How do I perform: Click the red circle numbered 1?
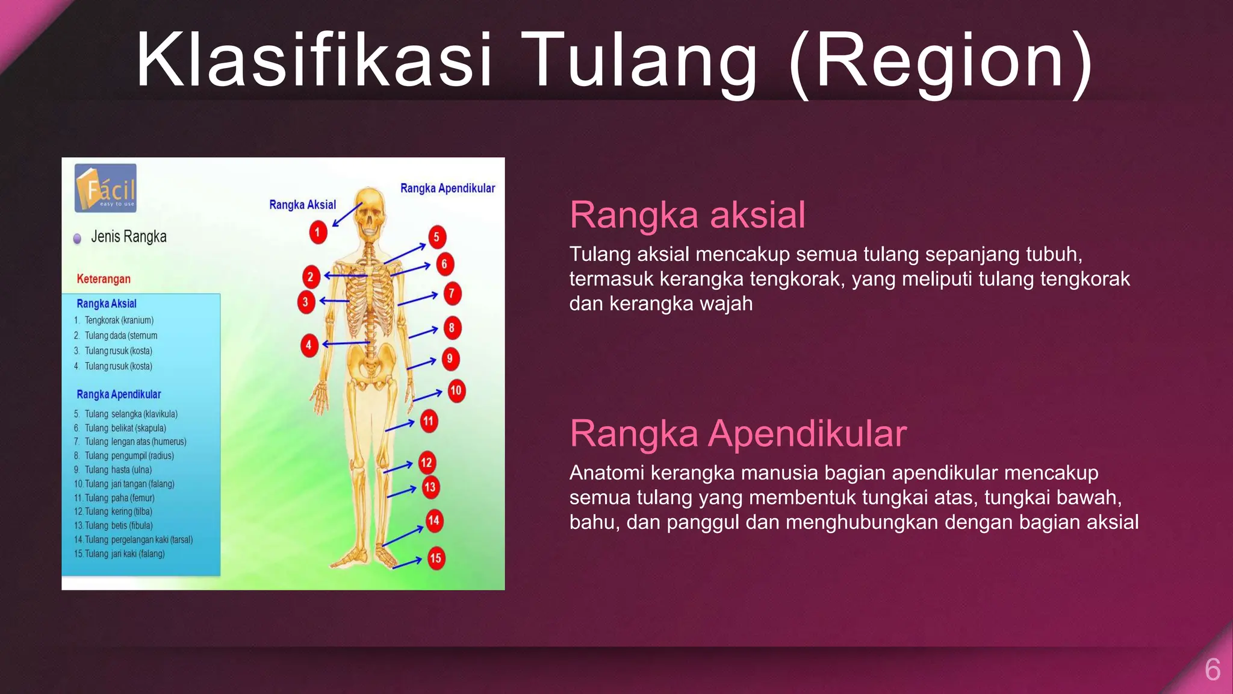(x=318, y=233)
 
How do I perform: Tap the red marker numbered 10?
(x=456, y=391)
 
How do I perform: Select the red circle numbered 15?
(x=435, y=558)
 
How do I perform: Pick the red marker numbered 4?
(x=309, y=345)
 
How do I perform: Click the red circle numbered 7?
(x=452, y=294)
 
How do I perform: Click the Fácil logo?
(x=106, y=189)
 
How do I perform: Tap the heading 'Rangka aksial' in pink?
(x=687, y=215)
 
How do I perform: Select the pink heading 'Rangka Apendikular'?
(x=738, y=434)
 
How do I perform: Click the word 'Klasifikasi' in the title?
(x=314, y=60)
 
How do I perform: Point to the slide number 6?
(x=1212, y=670)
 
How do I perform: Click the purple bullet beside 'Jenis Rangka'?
(x=77, y=239)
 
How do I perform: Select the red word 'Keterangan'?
(x=104, y=279)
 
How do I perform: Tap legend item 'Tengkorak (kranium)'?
(x=119, y=320)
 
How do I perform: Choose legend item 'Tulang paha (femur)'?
(x=119, y=498)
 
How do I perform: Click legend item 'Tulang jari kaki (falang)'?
(x=124, y=554)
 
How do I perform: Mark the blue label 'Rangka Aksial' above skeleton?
(x=302, y=205)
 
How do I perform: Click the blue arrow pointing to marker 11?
(x=400, y=426)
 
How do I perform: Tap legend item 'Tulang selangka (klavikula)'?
(x=131, y=414)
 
